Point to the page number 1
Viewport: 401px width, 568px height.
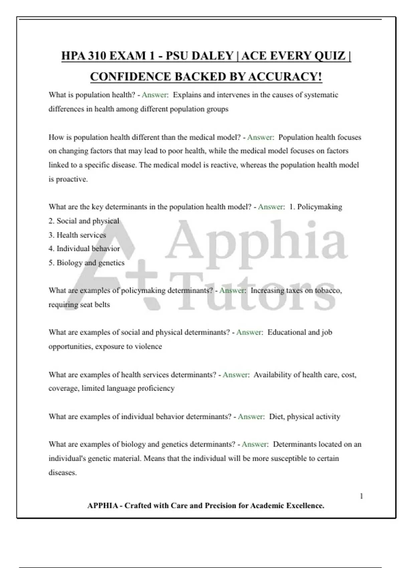coord(361,496)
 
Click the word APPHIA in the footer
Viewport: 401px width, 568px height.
coord(103,506)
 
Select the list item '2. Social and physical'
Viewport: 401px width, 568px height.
coord(84,221)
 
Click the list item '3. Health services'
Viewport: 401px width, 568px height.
coord(77,235)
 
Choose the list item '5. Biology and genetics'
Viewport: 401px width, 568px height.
coord(86,263)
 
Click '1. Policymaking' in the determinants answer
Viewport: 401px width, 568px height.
coord(315,207)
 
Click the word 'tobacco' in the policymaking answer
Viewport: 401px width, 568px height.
coord(328,290)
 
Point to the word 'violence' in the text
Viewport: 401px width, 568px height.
coord(148,346)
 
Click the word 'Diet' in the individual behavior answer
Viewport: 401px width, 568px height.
coord(276,417)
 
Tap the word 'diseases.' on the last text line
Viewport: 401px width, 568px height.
coord(62,472)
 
